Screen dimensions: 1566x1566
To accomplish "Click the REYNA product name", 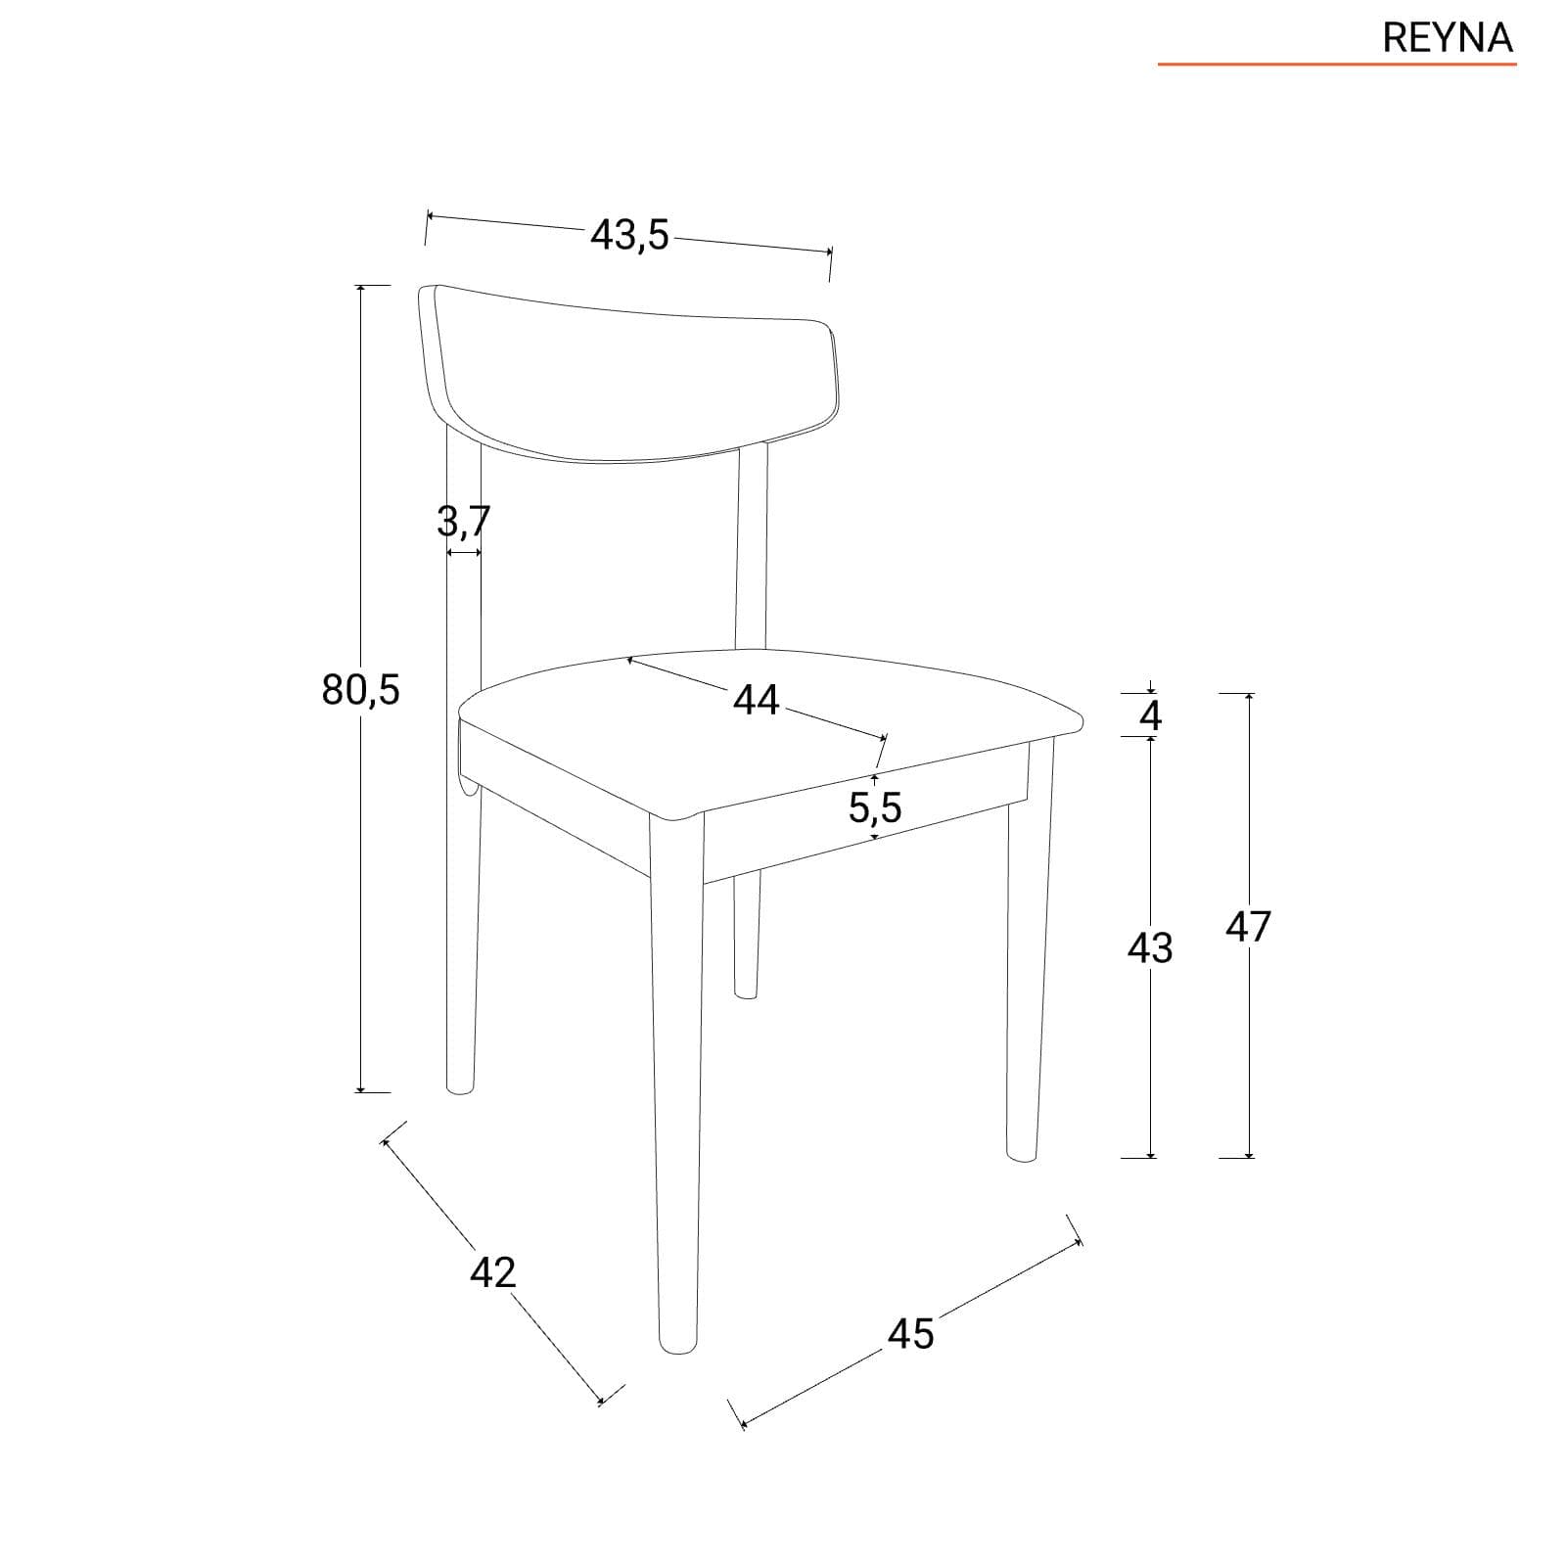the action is click(x=1448, y=38).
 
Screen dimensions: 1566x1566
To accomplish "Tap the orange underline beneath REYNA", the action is click(x=1337, y=65).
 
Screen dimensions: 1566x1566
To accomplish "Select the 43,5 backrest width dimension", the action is click(x=629, y=235).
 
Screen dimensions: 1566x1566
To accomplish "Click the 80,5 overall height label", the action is click(x=361, y=690).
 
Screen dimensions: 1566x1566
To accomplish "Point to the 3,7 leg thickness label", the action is click(x=463, y=522).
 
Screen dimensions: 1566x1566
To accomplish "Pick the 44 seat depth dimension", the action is click(x=757, y=700).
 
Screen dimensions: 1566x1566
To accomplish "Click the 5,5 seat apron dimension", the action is click(x=875, y=808).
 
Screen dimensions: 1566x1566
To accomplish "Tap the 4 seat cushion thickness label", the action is click(x=1151, y=716).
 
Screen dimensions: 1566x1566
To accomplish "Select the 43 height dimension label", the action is click(x=1150, y=947).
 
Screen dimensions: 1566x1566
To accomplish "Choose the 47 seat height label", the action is click(x=1248, y=927).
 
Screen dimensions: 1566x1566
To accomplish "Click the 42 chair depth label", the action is click(x=492, y=1272).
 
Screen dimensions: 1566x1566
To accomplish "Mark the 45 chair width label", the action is click(x=910, y=1334).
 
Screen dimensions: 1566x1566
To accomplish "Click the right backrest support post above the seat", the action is click(x=751, y=548).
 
